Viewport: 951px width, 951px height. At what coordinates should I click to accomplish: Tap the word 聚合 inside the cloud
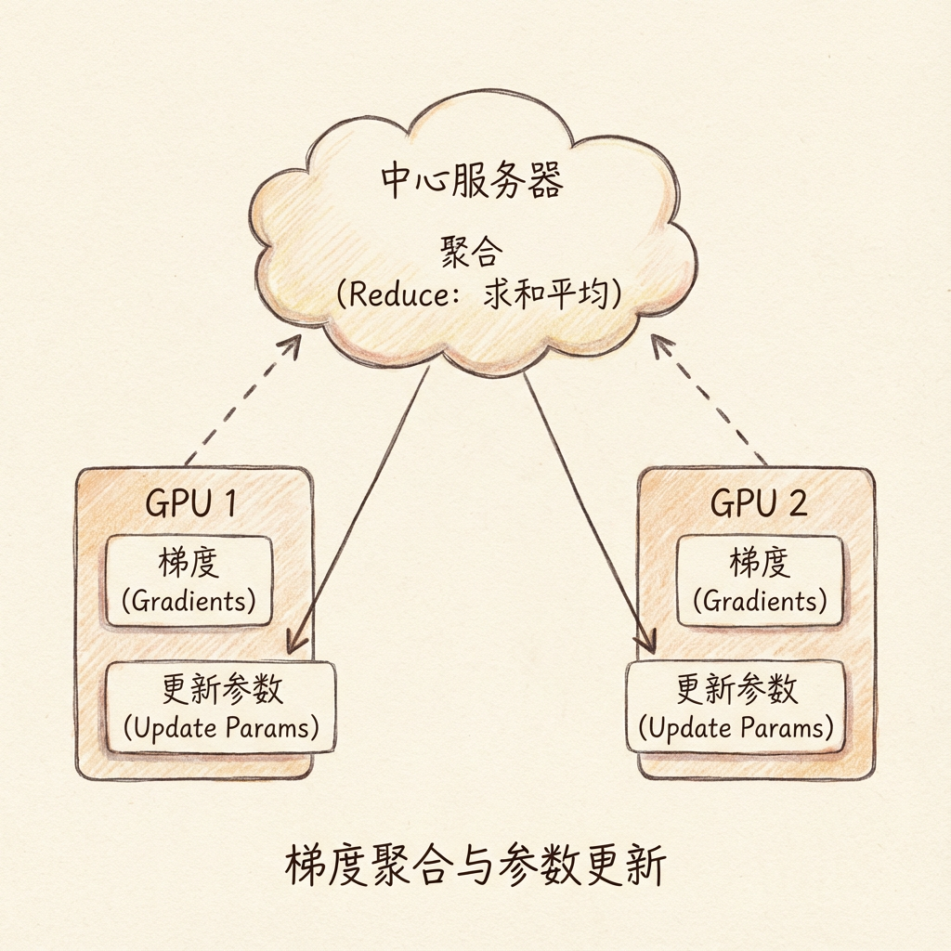coord(472,251)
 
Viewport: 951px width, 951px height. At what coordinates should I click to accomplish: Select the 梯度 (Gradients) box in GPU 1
coord(189,580)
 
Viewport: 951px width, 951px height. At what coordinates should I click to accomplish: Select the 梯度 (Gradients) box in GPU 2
coord(760,580)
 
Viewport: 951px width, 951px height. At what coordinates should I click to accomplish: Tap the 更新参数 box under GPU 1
coord(221,707)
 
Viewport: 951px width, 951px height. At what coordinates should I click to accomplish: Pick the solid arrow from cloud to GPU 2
coord(587,506)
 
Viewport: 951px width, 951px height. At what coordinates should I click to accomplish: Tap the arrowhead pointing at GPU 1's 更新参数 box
coord(295,641)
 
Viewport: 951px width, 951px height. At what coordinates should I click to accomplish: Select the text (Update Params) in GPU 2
coord(736,727)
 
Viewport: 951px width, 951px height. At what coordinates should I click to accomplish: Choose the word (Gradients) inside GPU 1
coord(189,600)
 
